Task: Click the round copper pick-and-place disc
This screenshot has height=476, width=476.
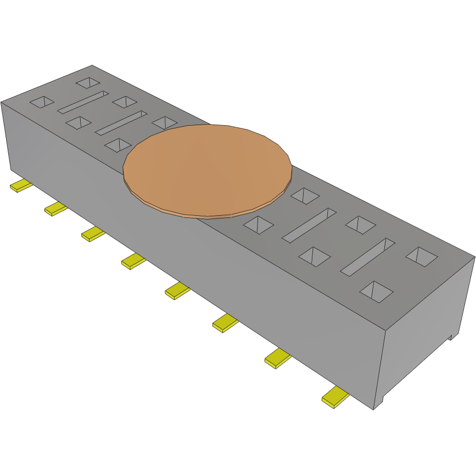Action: (207, 169)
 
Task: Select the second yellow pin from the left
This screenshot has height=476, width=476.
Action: (56, 209)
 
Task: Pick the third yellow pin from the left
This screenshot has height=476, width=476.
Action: (93, 234)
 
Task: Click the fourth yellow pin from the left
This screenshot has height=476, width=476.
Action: (133, 261)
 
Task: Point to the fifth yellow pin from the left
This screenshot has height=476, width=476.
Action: (177, 290)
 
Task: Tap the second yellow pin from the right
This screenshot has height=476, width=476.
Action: (278, 359)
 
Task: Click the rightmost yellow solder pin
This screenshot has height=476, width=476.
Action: (335, 397)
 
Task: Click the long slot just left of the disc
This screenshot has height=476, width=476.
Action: (121, 123)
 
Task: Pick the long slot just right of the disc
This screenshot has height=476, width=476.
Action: (309, 225)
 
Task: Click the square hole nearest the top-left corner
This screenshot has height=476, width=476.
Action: (87, 83)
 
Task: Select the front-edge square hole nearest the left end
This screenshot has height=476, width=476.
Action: (42, 102)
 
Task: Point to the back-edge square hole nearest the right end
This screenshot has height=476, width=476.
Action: (422, 256)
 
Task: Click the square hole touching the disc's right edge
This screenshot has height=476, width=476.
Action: (304, 195)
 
